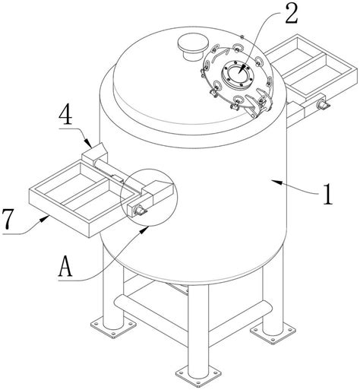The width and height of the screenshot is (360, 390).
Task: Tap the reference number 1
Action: [327, 194]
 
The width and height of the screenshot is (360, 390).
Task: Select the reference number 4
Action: [65, 116]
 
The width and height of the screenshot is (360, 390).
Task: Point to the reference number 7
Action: [8, 218]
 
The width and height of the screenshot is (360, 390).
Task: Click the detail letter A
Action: [65, 265]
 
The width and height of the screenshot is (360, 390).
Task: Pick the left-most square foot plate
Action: [113, 328]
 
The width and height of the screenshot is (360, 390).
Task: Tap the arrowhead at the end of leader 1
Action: [276, 182]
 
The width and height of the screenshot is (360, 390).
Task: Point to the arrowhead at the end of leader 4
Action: [88, 143]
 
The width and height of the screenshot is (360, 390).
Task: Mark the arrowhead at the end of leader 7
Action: [44, 218]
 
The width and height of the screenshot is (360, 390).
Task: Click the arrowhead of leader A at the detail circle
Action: [144, 230]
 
